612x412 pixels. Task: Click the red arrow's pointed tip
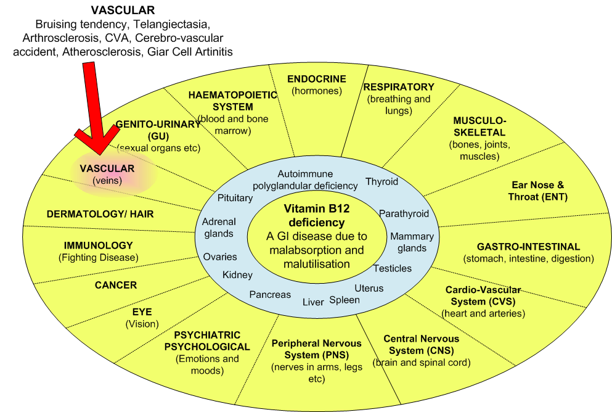click(x=97, y=152)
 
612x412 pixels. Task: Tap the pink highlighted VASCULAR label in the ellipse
click(x=107, y=168)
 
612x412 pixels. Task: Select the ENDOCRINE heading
click(x=317, y=79)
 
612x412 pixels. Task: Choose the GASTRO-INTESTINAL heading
click(x=528, y=247)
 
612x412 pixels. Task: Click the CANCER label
click(x=116, y=286)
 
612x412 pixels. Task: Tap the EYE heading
click(x=142, y=312)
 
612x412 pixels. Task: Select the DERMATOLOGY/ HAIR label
click(x=100, y=214)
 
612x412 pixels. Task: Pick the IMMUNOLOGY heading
click(x=99, y=245)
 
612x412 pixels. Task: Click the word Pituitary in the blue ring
click(x=235, y=198)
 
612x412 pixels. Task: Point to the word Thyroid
click(x=381, y=181)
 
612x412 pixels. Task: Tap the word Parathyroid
click(x=404, y=214)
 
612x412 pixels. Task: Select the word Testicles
click(x=393, y=268)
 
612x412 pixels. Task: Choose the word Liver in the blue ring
click(x=313, y=302)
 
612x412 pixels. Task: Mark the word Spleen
click(x=345, y=300)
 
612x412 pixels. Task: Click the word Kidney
click(x=237, y=274)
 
